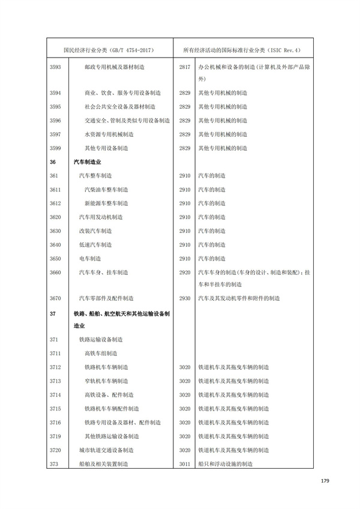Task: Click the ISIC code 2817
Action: [x=184, y=67]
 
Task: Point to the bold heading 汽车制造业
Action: [x=88, y=161]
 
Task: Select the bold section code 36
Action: [x=53, y=161]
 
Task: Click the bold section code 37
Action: [x=53, y=313]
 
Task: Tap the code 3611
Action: [x=55, y=189]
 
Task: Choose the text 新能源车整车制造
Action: [x=106, y=203]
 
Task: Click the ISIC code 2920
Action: [x=184, y=272]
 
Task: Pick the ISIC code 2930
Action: [x=184, y=298]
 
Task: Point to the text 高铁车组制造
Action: [x=100, y=353]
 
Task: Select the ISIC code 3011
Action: [x=184, y=463]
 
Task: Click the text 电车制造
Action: [x=90, y=258]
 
